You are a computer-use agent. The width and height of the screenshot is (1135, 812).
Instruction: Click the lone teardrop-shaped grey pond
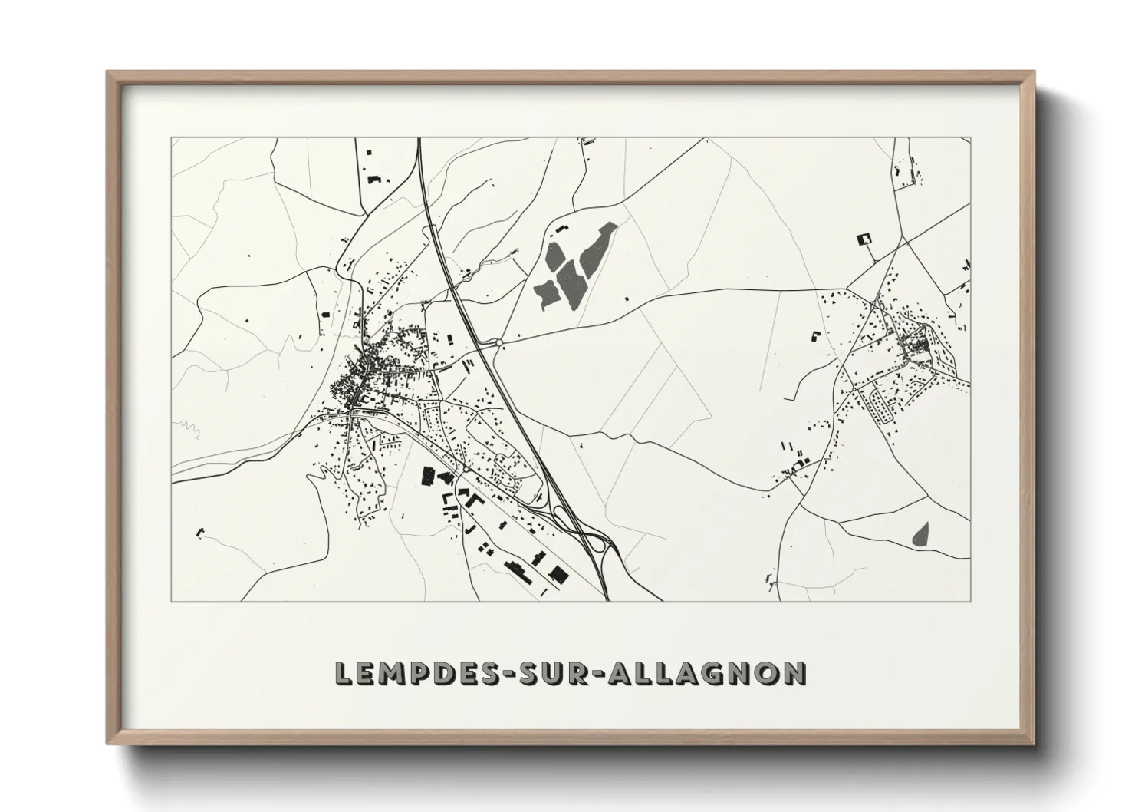pyautogui.click(x=921, y=533)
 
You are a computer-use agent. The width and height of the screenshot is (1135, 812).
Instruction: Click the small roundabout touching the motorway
pyautogui.click(x=500, y=342)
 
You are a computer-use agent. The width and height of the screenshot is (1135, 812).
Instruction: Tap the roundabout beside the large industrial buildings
pyautogui.click(x=466, y=467)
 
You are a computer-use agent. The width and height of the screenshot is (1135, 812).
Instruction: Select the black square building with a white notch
pyautogui.click(x=864, y=239)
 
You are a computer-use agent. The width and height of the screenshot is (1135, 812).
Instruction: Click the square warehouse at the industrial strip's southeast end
pyautogui.click(x=558, y=574)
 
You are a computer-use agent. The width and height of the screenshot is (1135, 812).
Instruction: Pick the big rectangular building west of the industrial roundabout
pyautogui.click(x=426, y=476)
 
